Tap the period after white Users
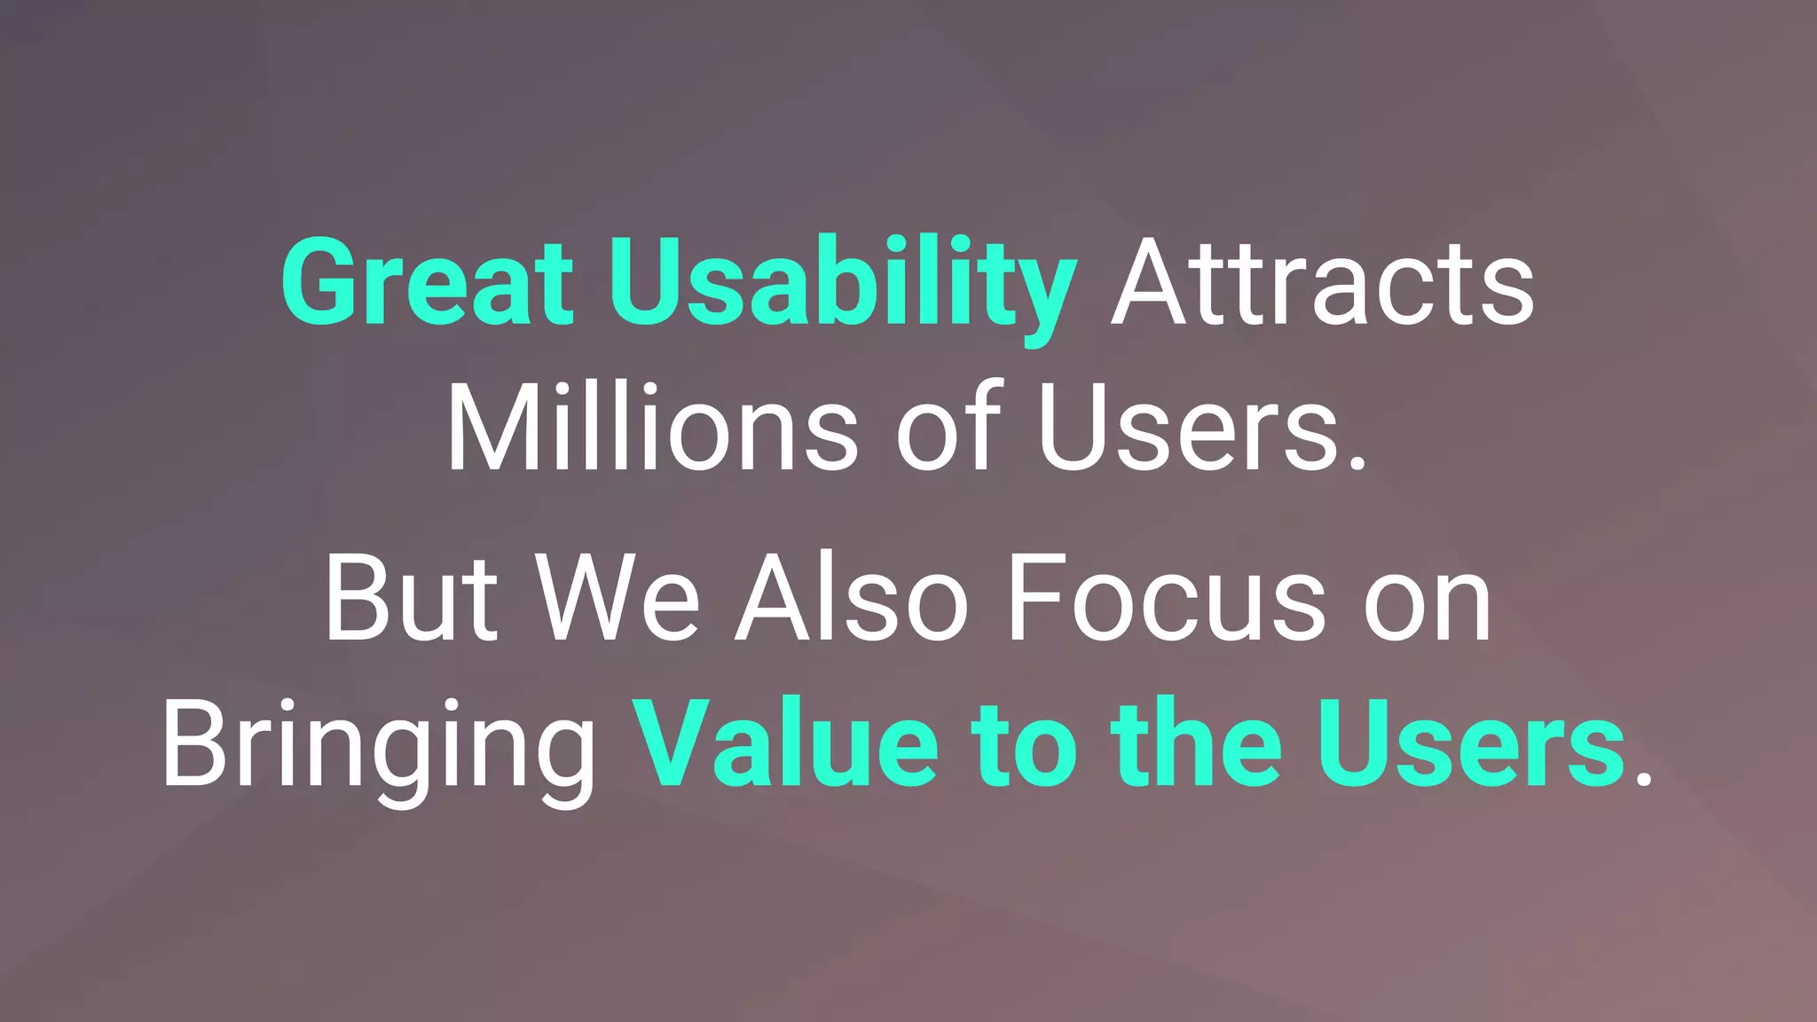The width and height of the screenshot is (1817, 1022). (x=1357, y=461)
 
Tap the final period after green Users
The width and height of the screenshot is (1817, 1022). (x=1643, y=778)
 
